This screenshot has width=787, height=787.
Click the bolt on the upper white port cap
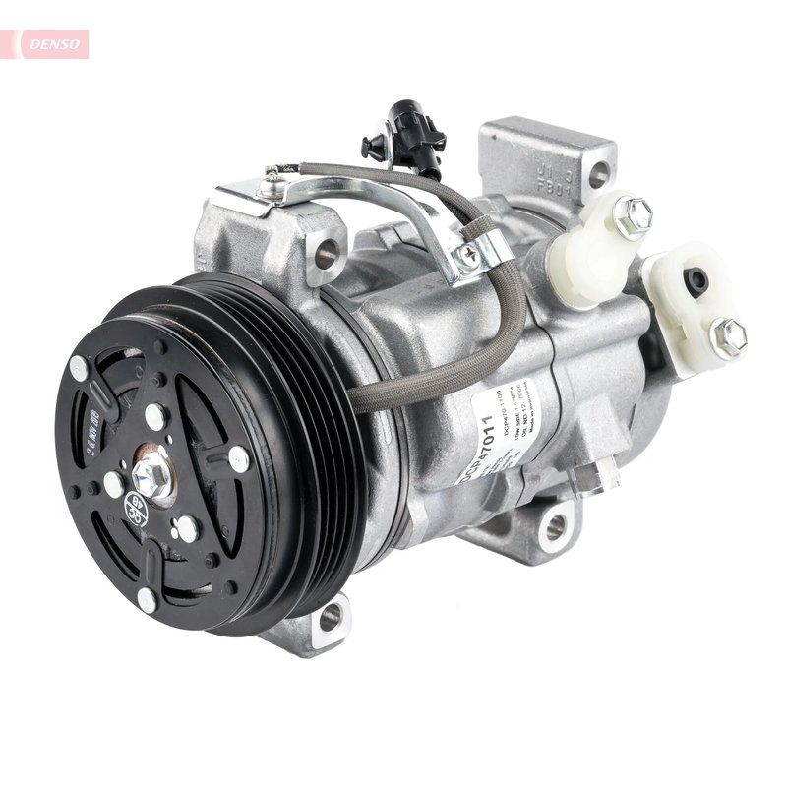point(633,216)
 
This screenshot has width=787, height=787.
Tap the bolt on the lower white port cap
point(728,336)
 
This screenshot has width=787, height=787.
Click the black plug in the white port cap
point(697,281)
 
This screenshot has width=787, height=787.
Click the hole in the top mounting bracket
point(597,175)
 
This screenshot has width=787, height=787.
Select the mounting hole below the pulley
point(330,617)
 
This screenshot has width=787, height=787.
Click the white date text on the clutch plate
point(105,423)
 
